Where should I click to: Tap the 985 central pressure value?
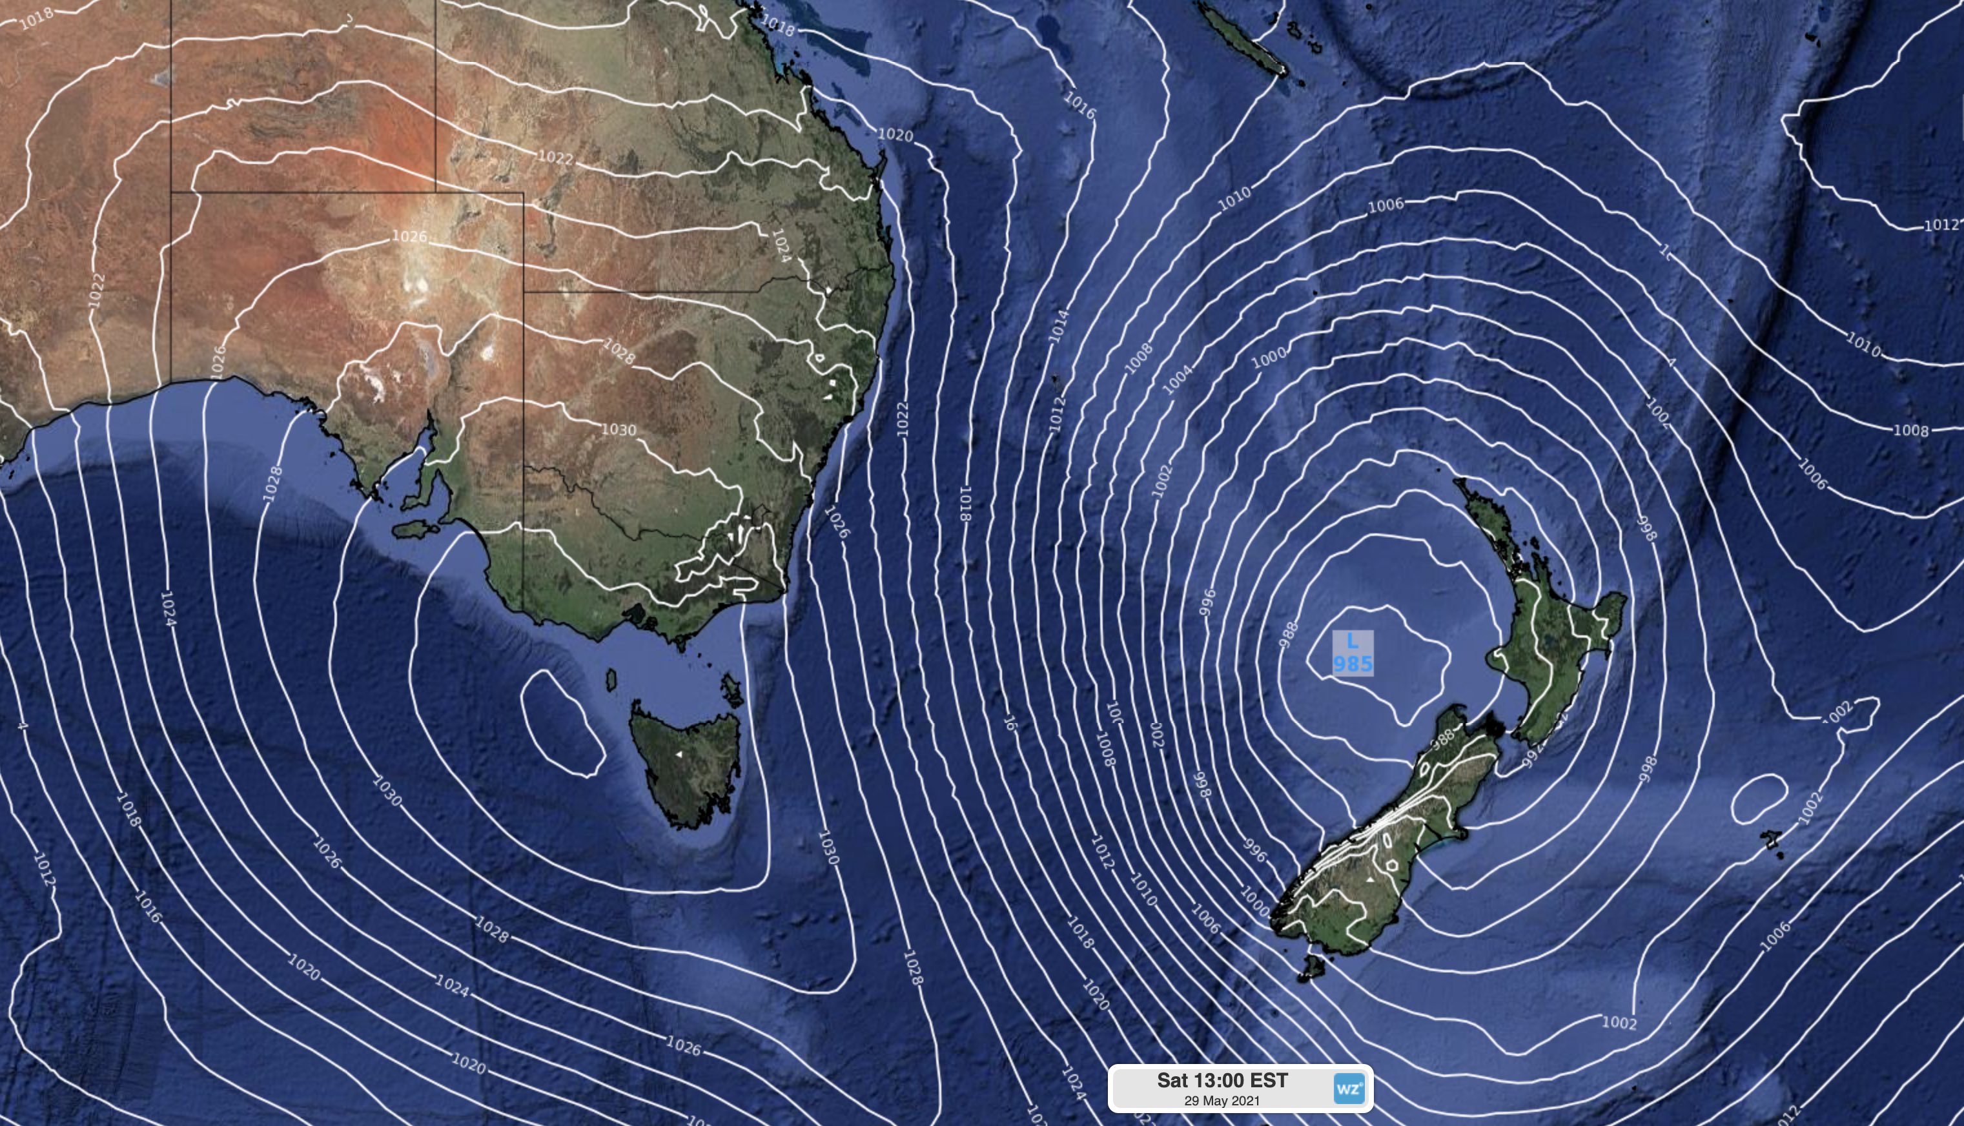1353,664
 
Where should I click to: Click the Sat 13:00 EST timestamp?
1222,1080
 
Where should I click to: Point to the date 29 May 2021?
1222,1100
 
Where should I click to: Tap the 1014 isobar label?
1059,325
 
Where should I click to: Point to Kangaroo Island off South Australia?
414,529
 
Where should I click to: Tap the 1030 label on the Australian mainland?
619,429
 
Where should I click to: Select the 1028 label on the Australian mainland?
619,352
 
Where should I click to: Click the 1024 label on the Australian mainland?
782,245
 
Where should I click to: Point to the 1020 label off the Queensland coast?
895,134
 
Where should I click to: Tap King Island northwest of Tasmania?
611,680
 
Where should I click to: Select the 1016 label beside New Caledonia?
1079,105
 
